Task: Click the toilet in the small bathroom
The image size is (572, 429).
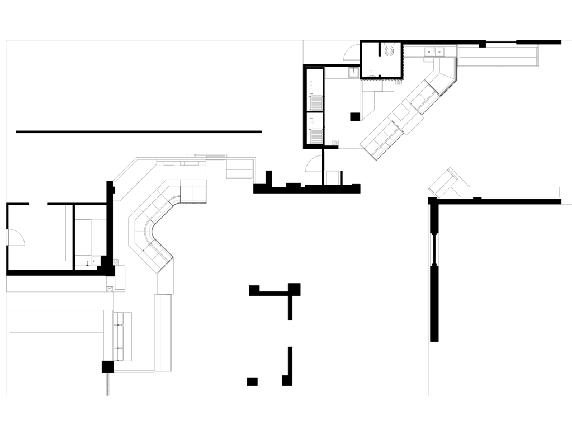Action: click(x=390, y=52)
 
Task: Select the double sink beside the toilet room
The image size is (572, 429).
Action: click(x=434, y=52)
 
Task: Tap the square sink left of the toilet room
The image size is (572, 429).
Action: click(x=353, y=72)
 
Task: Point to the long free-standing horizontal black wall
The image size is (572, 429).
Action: click(x=139, y=131)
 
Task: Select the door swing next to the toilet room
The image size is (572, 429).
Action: click(x=349, y=51)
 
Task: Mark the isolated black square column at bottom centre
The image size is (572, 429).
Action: click(x=252, y=381)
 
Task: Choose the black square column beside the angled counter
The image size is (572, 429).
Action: click(x=354, y=116)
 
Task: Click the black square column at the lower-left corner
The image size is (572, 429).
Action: click(x=107, y=367)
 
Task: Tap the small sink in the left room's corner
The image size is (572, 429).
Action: click(x=96, y=260)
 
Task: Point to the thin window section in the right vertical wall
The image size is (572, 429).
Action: click(x=433, y=249)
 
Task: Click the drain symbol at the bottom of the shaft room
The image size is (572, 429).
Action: click(x=335, y=142)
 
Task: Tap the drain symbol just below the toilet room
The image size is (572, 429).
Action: click(x=398, y=82)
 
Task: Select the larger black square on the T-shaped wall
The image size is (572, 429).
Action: click(x=294, y=289)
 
